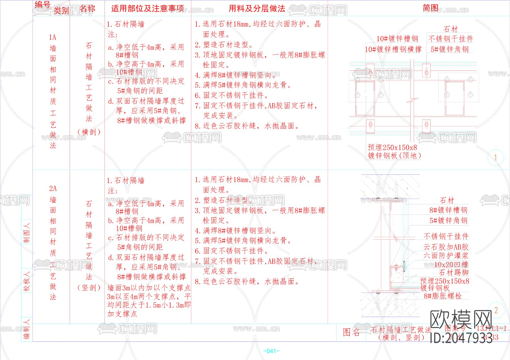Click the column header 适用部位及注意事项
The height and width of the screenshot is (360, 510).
tap(147, 9)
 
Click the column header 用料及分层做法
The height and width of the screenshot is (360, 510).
tap(257, 9)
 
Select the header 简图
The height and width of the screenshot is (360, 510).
tap(430, 8)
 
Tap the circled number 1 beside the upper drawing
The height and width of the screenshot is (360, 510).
tap(495, 157)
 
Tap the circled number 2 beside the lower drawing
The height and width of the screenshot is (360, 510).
tap(496, 310)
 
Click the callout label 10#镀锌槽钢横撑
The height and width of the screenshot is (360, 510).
tap(393, 49)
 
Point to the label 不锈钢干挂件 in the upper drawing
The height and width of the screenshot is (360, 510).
tap(450, 39)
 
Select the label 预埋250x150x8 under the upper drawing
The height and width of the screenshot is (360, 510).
tap(392, 148)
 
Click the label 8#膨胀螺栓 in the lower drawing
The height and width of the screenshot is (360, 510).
tap(443, 296)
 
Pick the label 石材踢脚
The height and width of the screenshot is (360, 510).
tap(453, 272)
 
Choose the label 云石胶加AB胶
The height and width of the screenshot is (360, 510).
tap(446, 247)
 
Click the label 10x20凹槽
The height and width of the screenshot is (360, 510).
tap(451, 265)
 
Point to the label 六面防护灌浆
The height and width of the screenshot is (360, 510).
tap(446, 255)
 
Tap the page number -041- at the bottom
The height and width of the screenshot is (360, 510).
tap(271, 351)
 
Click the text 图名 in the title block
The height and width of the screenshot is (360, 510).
tap(351, 332)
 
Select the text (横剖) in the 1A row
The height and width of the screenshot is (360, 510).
tap(89, 132)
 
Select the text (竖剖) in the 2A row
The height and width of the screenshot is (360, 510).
tap(89, 288)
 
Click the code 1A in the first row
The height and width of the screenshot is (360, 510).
tap(52, 37)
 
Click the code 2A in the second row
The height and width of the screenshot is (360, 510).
tap(53, 189)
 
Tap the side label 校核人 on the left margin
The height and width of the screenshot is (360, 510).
tap(27, 281)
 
